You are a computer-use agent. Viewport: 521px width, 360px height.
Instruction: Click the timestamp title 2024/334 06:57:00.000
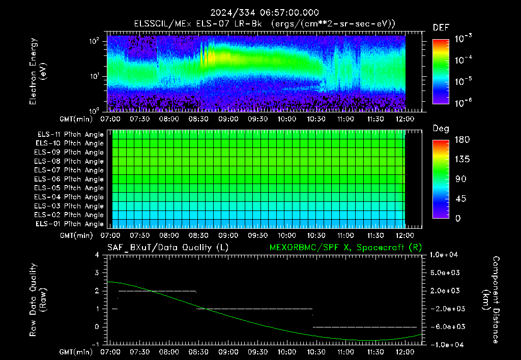[265, 13]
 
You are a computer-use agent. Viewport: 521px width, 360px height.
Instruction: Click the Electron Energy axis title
[38, 71]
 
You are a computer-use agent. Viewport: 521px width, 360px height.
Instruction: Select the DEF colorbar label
[441, 28]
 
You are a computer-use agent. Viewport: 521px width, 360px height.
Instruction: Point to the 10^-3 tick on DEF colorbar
[464, 39]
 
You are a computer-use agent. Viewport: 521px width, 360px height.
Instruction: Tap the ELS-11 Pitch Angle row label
[70, 135]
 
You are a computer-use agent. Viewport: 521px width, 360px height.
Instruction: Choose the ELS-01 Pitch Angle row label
[69, 224]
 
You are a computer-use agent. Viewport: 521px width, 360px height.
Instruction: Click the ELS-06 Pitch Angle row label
[69, 179]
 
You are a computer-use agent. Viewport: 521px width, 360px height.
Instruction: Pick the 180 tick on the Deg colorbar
[462, 140]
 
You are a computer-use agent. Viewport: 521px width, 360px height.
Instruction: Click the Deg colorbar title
[441, 129]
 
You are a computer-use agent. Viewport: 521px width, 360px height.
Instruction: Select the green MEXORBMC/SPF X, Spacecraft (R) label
[345, 248]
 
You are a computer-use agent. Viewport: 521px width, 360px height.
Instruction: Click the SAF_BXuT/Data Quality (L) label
[168, 248]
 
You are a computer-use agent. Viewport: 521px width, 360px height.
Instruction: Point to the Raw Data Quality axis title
[38, 300]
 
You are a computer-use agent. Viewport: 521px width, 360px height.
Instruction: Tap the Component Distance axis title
[491, 299]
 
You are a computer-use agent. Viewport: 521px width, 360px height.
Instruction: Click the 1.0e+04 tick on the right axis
[444, 255]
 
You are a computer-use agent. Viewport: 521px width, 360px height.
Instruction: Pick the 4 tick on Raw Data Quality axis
[97, 255]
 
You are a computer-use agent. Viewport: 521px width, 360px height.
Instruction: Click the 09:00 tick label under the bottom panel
[228, 352]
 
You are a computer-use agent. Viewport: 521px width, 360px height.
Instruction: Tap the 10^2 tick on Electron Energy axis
[94, 41]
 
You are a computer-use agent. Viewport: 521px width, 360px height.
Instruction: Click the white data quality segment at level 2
[157, 291]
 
